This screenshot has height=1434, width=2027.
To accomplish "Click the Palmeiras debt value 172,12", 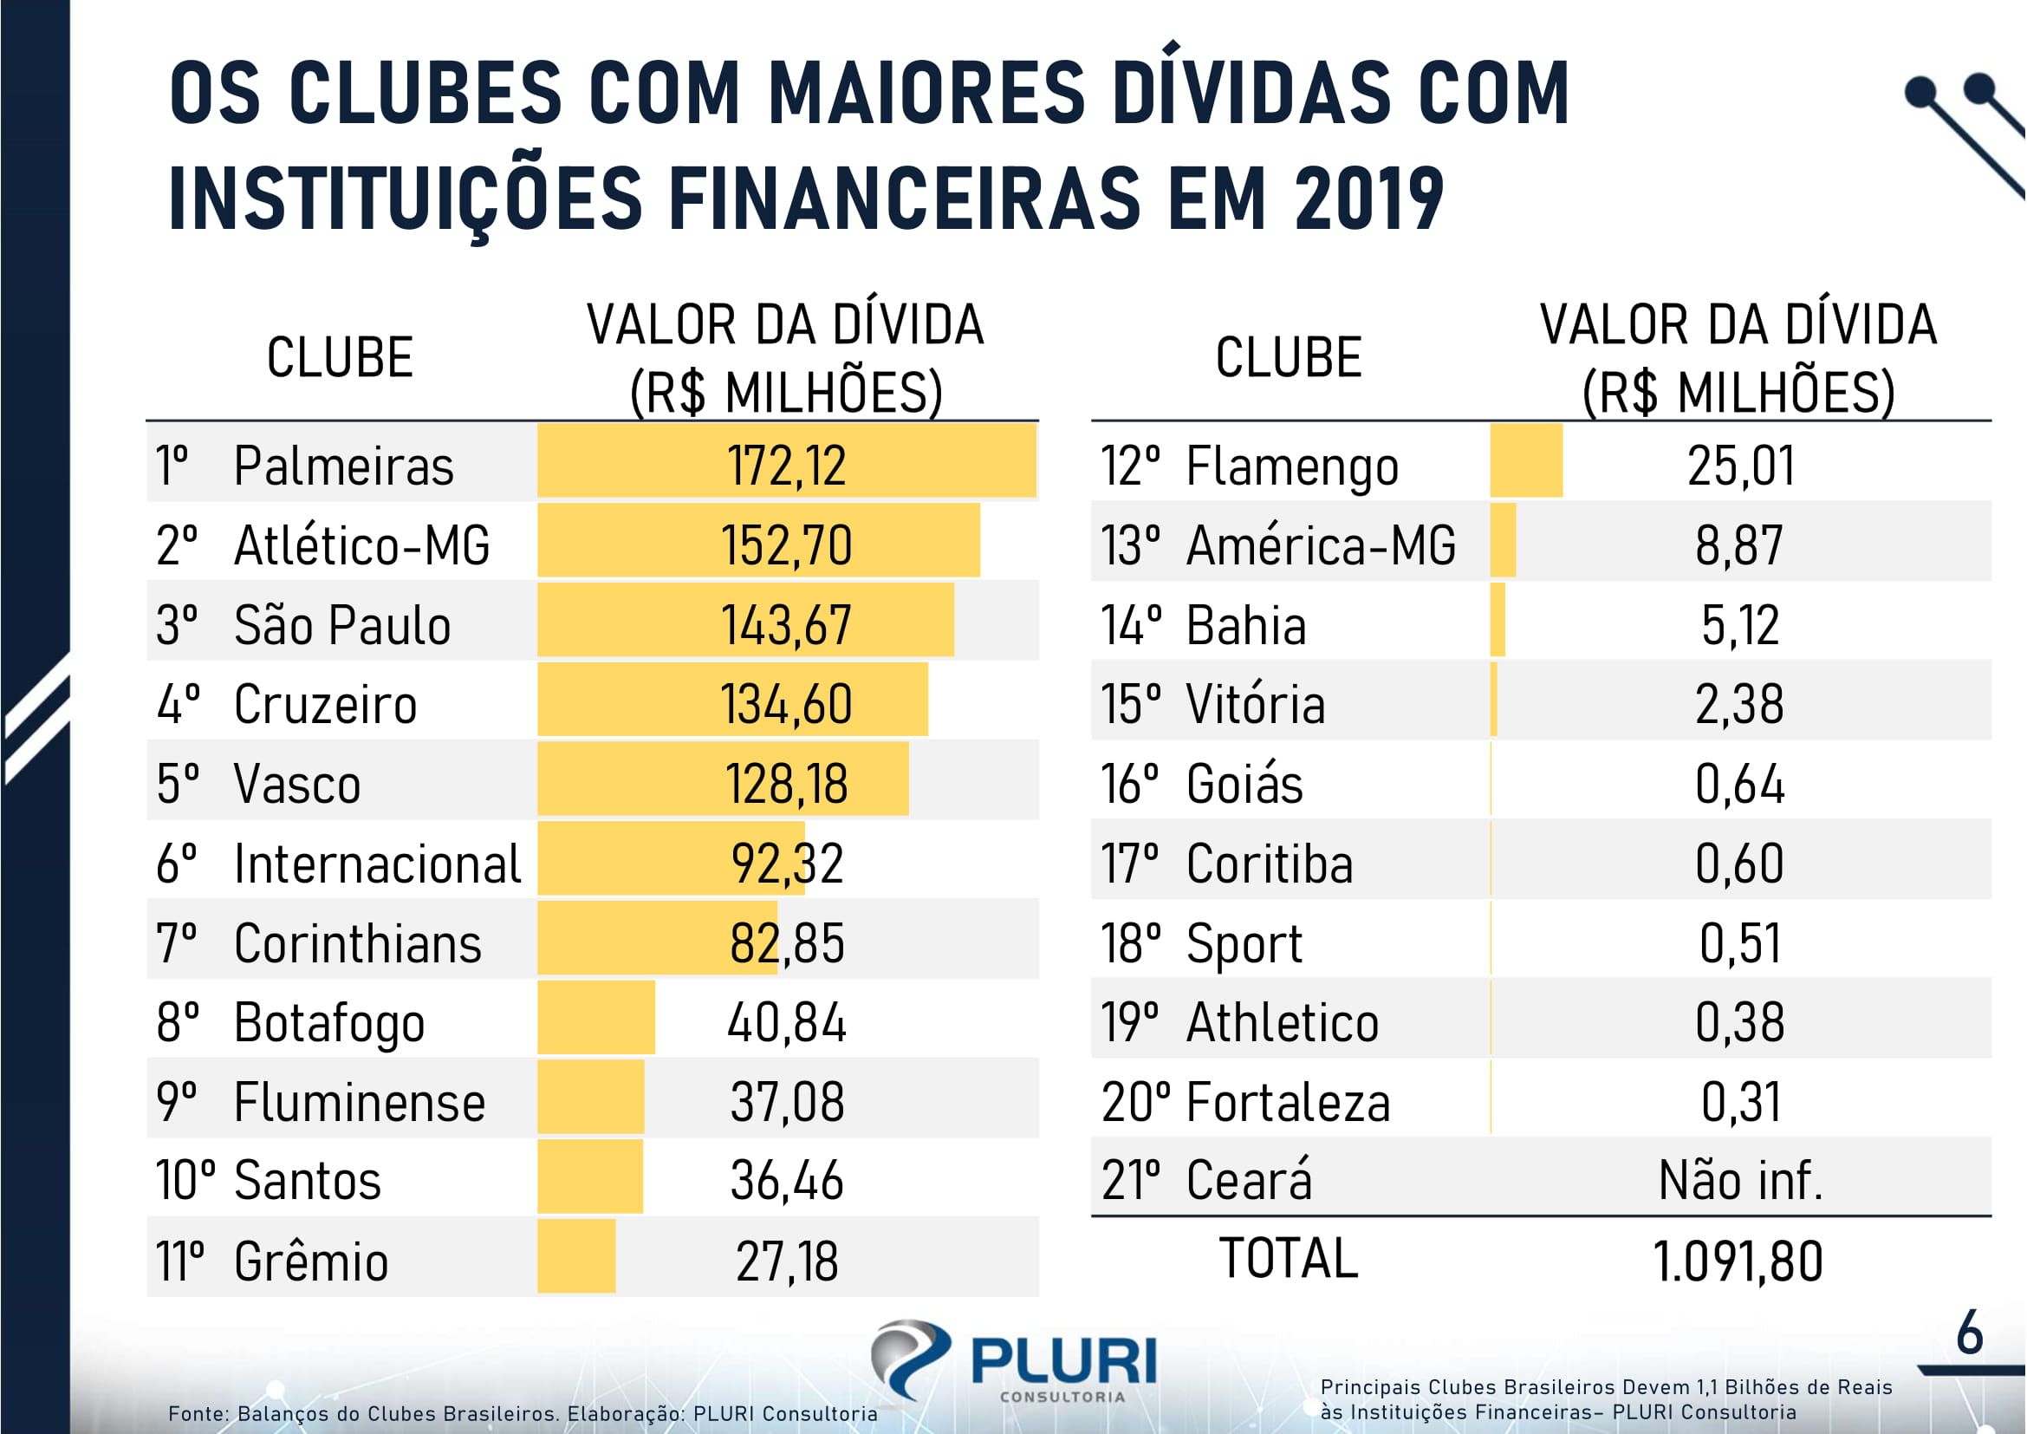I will pos(786,466).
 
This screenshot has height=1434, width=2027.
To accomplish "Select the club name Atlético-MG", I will pos(361,544).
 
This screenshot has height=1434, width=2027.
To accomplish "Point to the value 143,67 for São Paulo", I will pos(786,624).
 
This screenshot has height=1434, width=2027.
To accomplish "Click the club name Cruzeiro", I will pos(325,704).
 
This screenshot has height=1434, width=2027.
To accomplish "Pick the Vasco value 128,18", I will pos(786,783).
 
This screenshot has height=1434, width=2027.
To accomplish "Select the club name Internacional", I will pos(377,863).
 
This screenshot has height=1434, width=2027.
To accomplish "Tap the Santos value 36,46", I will pos(786,1181).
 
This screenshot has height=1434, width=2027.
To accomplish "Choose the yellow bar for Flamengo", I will pos(1525,460).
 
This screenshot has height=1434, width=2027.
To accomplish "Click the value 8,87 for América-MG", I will pos(1738,544).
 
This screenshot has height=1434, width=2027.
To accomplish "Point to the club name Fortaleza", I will pos(1288,1101).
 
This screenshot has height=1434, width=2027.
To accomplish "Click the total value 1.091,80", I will pos(1737,1260).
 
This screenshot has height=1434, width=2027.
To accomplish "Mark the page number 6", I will pos(1970,1333).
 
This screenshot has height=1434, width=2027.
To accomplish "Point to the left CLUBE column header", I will pos(340,357).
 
